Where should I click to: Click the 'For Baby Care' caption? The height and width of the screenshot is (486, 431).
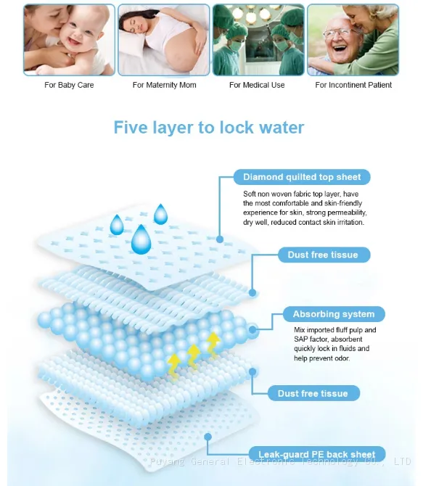[69, 85]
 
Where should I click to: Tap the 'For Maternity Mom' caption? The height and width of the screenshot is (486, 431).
[164, 85]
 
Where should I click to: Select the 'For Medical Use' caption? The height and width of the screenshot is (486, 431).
[257, 85]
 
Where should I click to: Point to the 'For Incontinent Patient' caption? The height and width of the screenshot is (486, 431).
[353, 85]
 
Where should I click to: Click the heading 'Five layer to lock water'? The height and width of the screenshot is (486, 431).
[209, 128]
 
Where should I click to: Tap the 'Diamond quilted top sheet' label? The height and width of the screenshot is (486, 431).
[302, 177]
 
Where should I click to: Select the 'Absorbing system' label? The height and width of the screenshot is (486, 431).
[334, 314]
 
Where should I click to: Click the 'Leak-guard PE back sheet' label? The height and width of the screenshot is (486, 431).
[317, 454]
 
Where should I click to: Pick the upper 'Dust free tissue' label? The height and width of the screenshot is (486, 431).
[324, 255]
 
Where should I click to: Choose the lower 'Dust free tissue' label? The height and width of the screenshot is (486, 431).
[313, 393]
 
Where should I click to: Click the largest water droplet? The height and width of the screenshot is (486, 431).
[141, 241]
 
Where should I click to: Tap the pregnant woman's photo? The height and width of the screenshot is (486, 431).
[164, 40]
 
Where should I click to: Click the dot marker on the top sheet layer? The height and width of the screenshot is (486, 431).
[220, 239]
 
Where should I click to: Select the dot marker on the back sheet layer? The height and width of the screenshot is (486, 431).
[208, 437]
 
